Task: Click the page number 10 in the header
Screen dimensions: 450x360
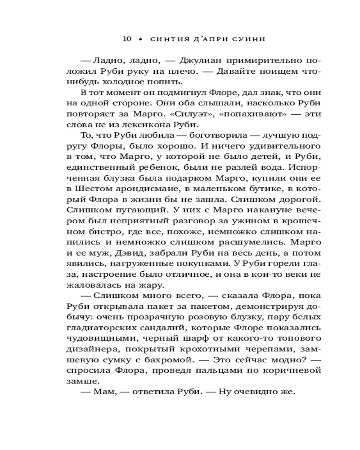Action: pos(126,39)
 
